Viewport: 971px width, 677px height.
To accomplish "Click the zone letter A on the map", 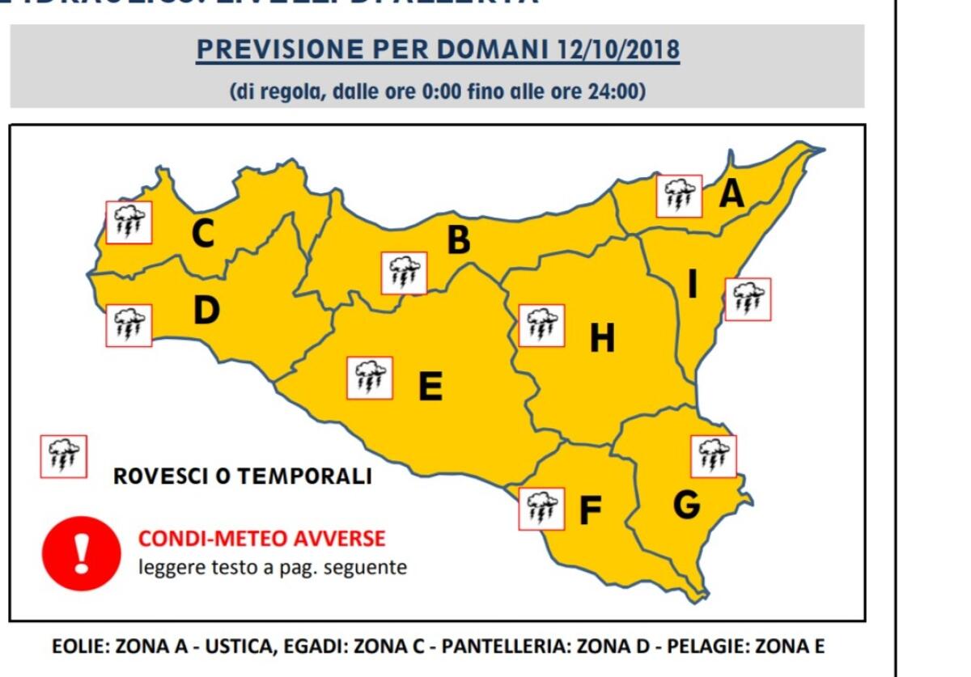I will [x=731, y=194].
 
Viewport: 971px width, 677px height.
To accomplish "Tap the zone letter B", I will [x=459, y=240].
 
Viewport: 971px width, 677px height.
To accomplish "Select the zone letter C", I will [x=202, y=234].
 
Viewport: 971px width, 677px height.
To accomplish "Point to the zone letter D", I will [x=206, y=311].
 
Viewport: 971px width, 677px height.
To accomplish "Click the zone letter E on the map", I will [x=430, y=387].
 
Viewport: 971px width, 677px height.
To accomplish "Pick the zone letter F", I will [x=591, y=510].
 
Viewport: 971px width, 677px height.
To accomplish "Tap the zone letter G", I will [x=686, y=505].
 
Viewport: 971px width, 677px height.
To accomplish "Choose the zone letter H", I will [x=602, y=338].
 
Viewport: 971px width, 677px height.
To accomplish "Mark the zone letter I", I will [x=692, y=285].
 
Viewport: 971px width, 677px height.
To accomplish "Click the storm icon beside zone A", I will [x=679, y=196].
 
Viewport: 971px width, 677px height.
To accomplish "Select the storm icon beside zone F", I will [x=541, y=509].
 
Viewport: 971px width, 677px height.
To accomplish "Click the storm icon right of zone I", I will [x=748, y=299].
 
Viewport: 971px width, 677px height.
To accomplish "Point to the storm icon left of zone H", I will [x=541, y=325].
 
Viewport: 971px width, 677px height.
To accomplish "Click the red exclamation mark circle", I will [x=81, y=553].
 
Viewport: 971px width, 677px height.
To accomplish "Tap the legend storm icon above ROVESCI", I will [x=64, y=456].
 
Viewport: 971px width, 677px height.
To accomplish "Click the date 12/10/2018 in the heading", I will [x=618, y=50].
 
